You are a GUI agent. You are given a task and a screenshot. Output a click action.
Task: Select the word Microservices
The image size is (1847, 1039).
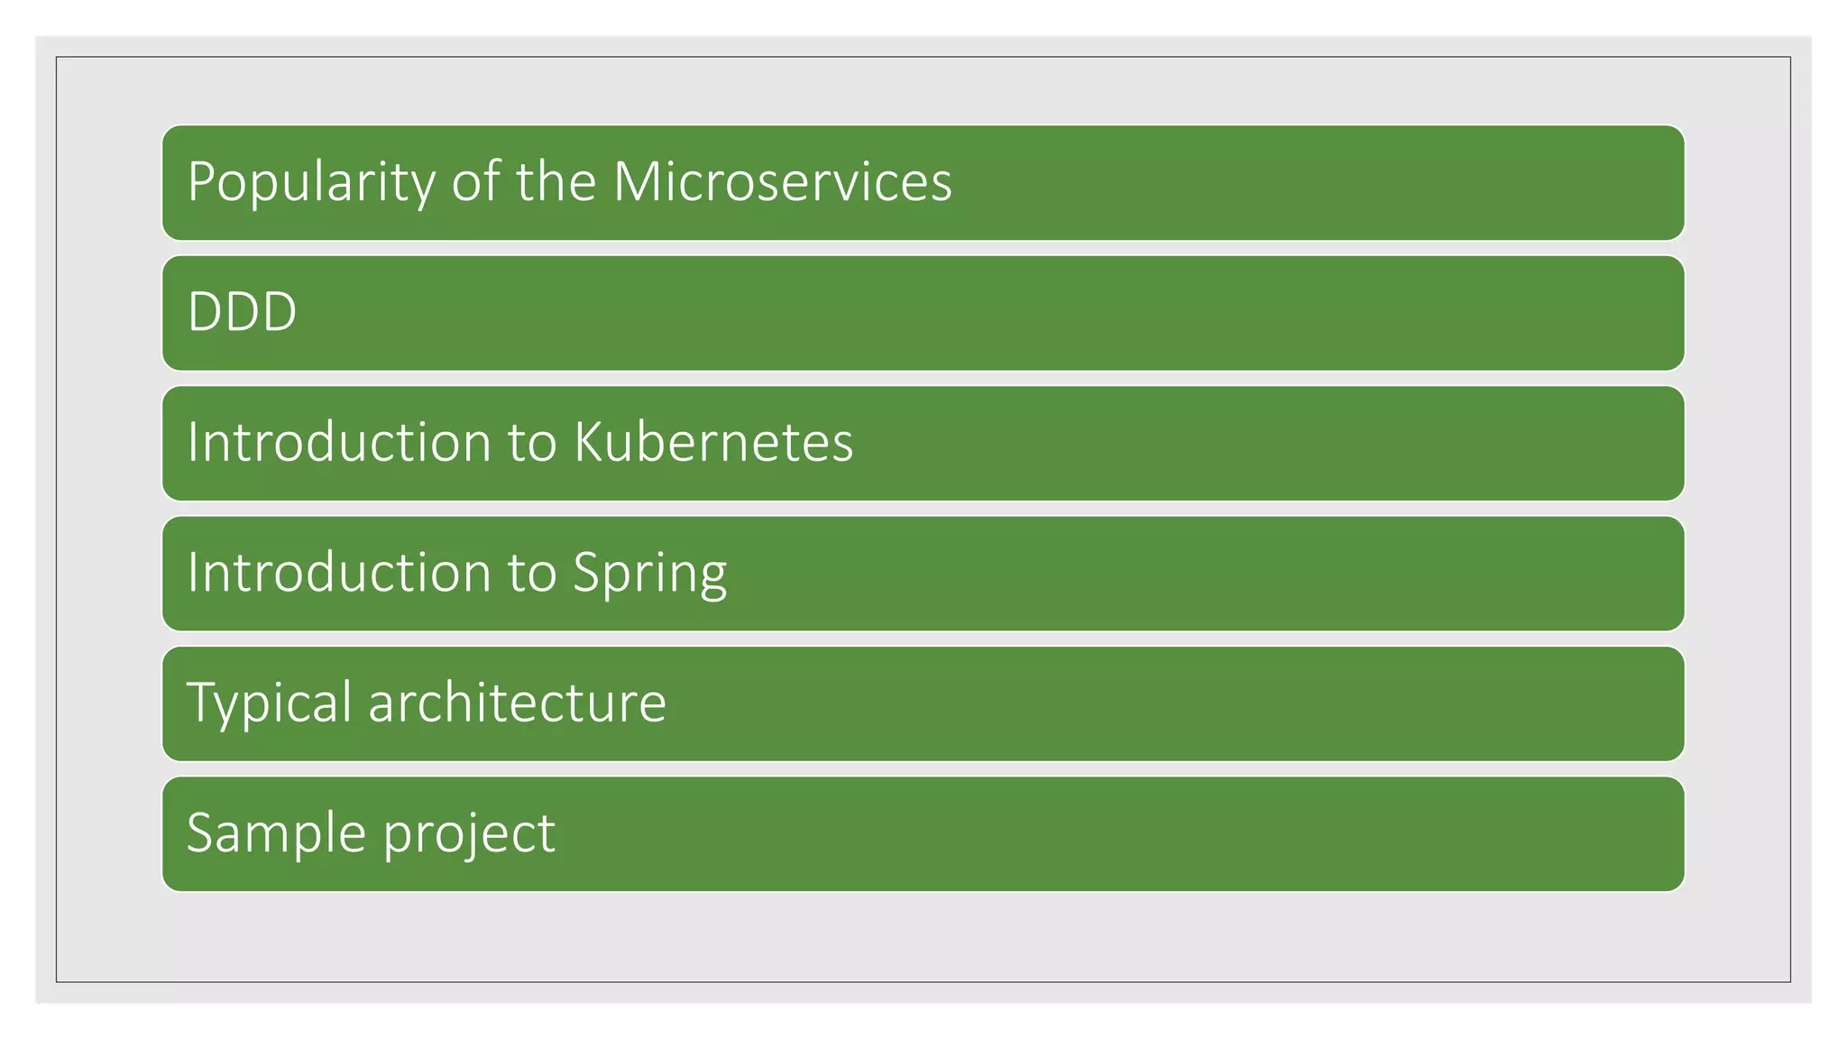(x=782, y=182)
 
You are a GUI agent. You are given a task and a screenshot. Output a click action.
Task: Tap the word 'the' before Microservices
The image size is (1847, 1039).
(x=556, y=182)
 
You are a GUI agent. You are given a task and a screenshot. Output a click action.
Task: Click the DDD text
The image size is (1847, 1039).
(x=242, y=312)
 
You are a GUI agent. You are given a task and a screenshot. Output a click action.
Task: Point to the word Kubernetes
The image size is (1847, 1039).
(x=713, y=443)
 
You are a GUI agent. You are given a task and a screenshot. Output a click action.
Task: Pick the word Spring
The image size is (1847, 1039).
(x=649, y=574)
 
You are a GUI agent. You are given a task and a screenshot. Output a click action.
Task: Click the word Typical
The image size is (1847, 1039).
(x=269, y=703)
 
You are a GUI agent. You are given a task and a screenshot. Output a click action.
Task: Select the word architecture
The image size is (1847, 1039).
(x=517, y=703)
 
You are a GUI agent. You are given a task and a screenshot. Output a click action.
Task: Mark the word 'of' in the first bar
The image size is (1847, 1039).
(x=475, y=182)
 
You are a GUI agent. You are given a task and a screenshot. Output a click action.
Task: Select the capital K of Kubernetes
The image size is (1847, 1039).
(x=590, y=443)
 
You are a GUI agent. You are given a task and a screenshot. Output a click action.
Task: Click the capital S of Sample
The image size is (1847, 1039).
(x=200, y=832)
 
